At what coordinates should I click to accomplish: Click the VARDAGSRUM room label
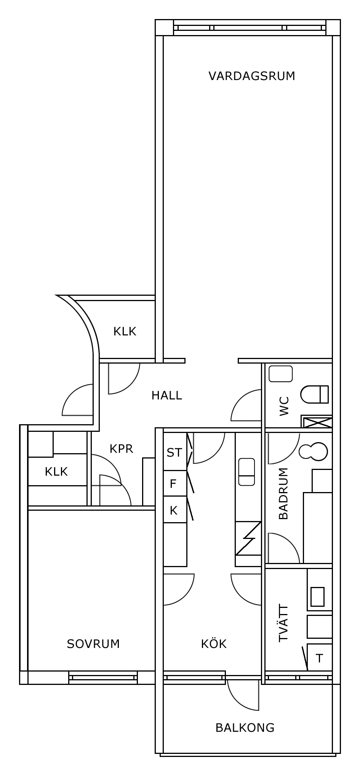point(252,76)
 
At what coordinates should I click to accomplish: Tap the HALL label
point(167,395)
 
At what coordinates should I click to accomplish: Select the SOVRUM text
point(93,644)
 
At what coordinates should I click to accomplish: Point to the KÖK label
point(214,643)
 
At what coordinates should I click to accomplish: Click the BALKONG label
point(245,728)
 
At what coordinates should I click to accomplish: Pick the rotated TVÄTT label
point(283,623)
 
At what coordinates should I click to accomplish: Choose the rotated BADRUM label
point(283,494)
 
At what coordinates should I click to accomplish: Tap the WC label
point(284,406)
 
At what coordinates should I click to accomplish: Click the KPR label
point(122,449)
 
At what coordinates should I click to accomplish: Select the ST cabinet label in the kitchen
point(174,452)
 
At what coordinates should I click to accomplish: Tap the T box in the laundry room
point(320,658)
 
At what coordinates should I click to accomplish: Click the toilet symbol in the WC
point(315,394)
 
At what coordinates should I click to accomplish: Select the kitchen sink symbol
point(246,472)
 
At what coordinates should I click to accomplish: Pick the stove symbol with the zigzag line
point(248,539)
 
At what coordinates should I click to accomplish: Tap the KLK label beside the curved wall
point(125,331)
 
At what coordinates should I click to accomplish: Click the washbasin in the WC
point(281,374)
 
